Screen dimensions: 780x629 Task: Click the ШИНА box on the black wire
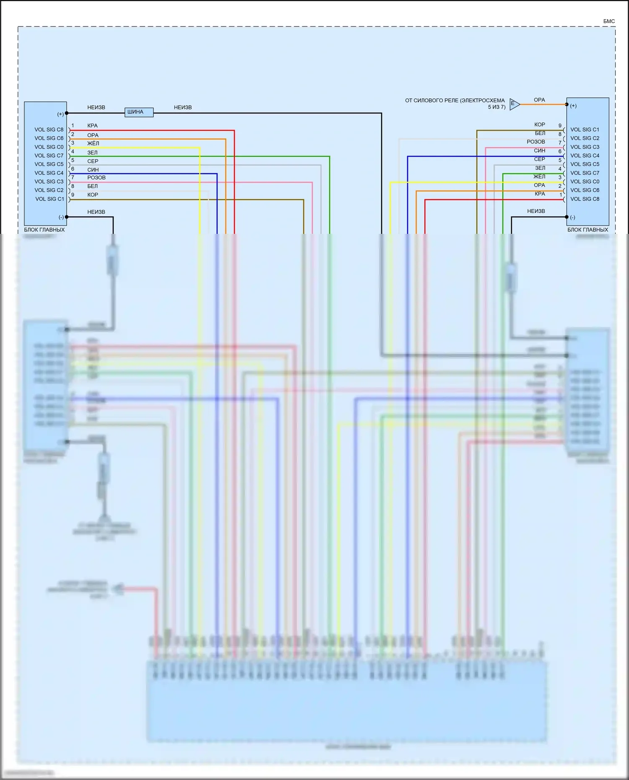click(x=139, y=112)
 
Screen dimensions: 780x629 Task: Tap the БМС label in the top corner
click(x=609, y=21)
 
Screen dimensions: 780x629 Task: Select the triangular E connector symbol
click(x=514, y=104)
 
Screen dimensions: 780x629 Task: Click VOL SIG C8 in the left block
click(x=49, y=130)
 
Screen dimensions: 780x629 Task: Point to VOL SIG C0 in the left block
click(x=49, y=147)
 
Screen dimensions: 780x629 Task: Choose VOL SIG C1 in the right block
click(x=585, y=130)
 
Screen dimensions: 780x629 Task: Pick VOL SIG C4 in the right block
click(x=585, y=155)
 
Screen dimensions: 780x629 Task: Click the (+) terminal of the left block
click(x=61, y=114)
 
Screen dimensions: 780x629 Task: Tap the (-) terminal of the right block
click(x=572, y=217)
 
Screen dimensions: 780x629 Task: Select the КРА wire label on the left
click(x=92, y=126)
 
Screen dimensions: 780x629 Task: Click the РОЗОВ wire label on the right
click(x=535, y=142)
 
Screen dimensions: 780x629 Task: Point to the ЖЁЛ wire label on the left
click(x=93, y=143)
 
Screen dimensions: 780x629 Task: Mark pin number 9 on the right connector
click(x=560, y=126)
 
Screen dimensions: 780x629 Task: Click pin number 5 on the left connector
click(x=73, y=160)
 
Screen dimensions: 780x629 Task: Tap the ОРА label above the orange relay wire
click(x=539, y=100)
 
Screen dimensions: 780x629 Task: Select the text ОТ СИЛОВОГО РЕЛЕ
click(x=455, y=101)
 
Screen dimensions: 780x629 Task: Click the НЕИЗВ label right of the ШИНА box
click(x=183, y=107)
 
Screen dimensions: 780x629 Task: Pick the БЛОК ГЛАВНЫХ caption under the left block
click(x=44, y=230)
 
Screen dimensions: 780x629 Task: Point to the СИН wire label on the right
click(x=539, y=150)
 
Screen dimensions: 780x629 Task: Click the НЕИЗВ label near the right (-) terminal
click(x=536, y=211)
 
